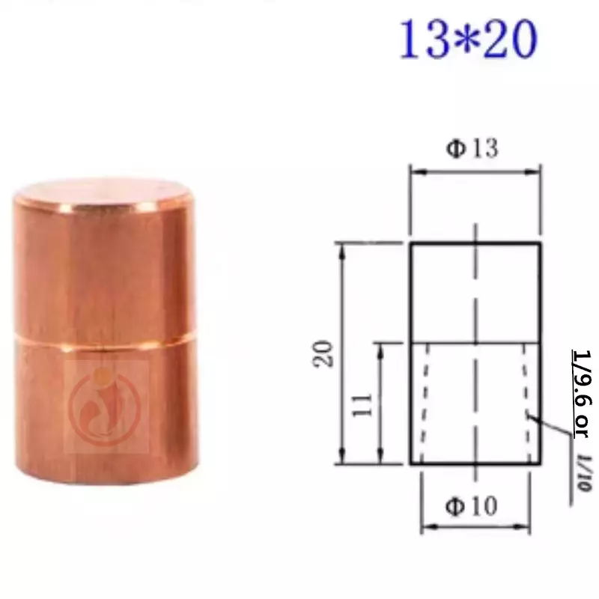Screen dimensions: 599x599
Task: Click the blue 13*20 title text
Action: click(x=469, y=39)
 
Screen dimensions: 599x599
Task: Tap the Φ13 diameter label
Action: click(x=472, y=148)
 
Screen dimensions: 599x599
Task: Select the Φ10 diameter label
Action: click(x=472, y=506)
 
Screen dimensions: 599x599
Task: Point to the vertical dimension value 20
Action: click(x=323, y=353)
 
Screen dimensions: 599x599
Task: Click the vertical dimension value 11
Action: click(x=362, y=404)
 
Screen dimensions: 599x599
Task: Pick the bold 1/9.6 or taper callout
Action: click(x=582, y=394)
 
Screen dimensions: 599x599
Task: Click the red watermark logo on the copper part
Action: click(x=105, y=406)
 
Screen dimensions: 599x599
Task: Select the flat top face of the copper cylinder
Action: click(x=103, y=193)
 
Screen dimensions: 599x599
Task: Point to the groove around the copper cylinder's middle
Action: click(x=105, y=341)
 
